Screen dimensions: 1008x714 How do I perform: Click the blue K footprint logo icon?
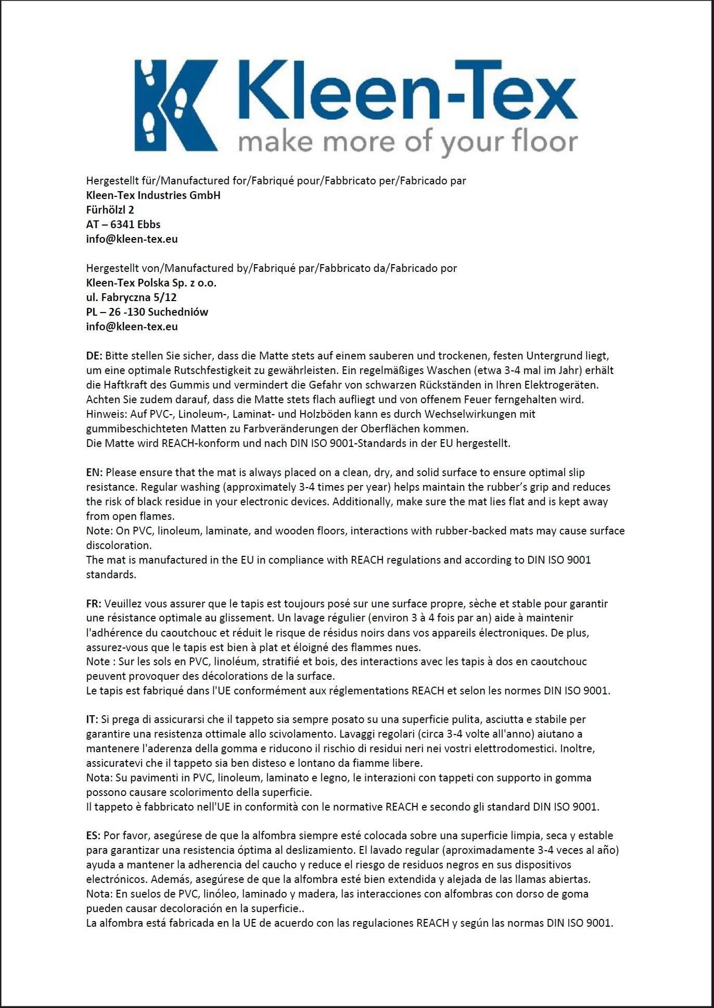176,105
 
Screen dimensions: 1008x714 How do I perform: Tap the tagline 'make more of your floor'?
407,142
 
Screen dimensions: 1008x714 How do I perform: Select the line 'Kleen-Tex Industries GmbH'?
153,195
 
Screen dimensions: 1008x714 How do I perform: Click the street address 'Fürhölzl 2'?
110,210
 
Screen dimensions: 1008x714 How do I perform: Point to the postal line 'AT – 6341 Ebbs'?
123,225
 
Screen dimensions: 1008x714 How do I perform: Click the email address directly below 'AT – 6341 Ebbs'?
132,239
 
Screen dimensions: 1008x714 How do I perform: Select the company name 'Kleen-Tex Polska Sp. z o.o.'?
151,283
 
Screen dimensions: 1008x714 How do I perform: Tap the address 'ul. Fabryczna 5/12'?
131,297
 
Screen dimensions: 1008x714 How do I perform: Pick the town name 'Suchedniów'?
178,312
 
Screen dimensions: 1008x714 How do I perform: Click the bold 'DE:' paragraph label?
94,356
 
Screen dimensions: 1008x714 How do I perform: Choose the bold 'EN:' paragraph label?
94,472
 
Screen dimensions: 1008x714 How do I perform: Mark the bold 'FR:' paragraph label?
94,604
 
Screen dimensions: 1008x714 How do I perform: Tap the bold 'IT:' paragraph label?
92,719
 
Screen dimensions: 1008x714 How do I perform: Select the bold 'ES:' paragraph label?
93,836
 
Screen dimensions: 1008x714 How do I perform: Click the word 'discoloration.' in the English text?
119,545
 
